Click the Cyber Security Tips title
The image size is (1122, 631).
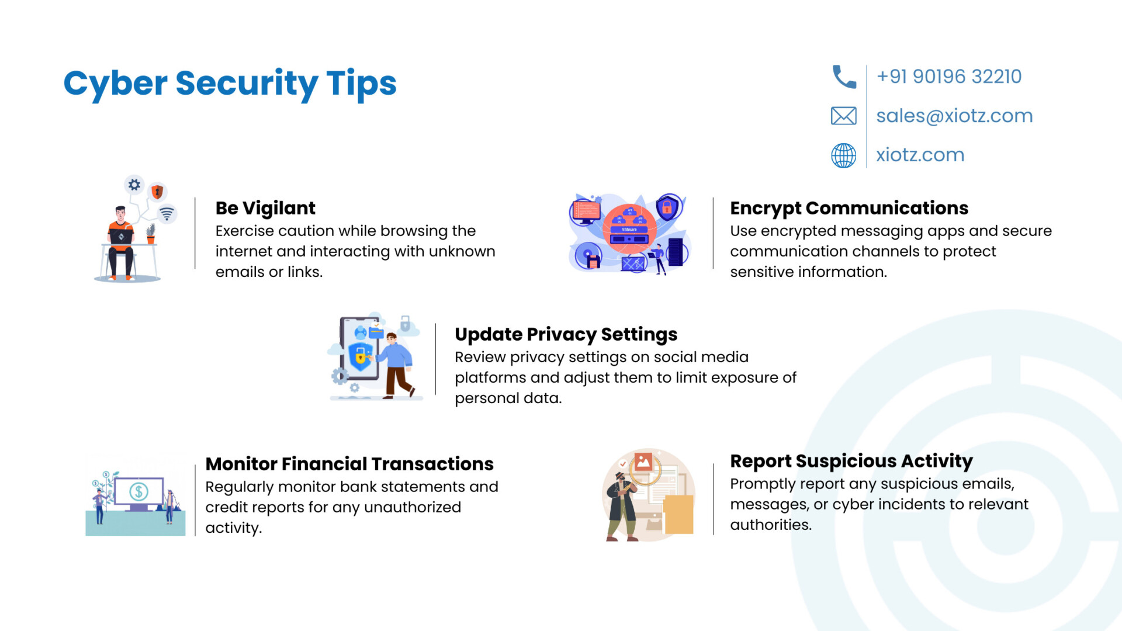(230, 84)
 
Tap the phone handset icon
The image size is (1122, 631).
(844, 77)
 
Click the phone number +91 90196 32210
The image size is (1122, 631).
(949, 77)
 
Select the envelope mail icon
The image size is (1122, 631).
(844, 116)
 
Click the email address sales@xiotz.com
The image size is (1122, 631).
(954, 116)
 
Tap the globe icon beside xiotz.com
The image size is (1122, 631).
(844, 155)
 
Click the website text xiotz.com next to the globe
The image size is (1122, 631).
(920, 155)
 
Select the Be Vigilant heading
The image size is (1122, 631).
(265, 209)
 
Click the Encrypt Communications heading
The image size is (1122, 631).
(849, 209)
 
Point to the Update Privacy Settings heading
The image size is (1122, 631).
(566, 335)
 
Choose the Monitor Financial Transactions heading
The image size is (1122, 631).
(349, 464)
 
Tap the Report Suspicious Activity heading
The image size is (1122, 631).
(851, 462)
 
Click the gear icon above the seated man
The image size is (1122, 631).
(134, 185)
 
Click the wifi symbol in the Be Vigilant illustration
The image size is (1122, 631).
(167, 214)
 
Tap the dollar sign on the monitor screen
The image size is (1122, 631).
(139, 491)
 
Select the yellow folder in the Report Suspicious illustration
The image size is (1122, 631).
(678, 514)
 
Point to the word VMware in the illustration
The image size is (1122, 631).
(629, 230)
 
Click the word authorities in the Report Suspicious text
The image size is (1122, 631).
(771, 525)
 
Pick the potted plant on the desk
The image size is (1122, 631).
(151, 234)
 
